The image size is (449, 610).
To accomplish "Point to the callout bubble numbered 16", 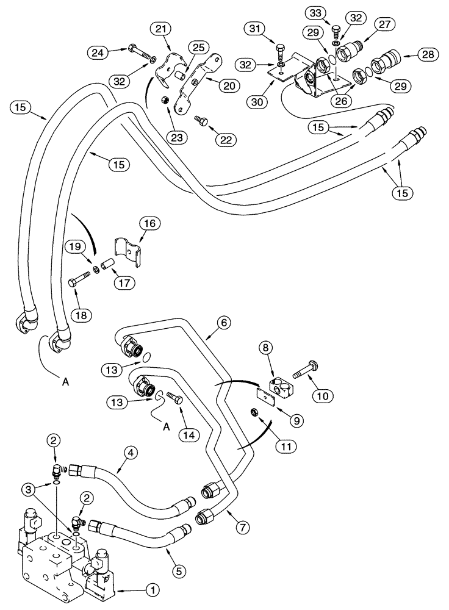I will tap(151, 224).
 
